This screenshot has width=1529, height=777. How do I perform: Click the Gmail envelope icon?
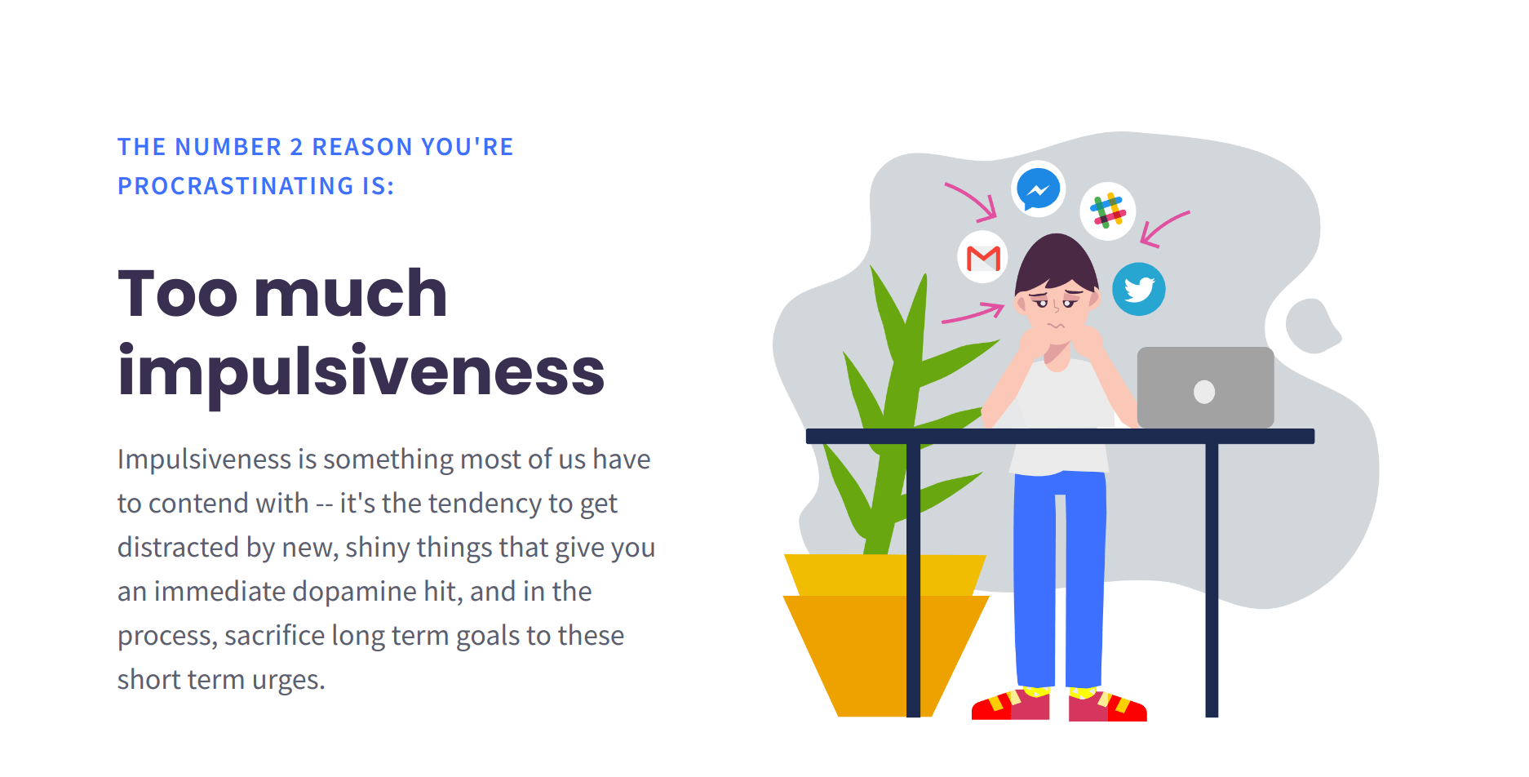tap(982, 257)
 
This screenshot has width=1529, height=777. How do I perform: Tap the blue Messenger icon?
tap(1038, 189)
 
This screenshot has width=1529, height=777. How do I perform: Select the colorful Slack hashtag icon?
tap(1107, 211)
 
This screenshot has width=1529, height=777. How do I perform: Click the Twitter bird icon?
tap(1139, 289)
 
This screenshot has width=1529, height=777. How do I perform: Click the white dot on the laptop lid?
tap(1204, 392)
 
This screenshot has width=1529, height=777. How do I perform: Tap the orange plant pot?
tap(885, 636)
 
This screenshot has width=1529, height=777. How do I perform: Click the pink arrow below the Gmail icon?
tap(973, 313)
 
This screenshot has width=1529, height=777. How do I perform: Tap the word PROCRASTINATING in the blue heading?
tap(236, 186)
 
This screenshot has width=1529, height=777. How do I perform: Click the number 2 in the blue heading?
tap(297, 147)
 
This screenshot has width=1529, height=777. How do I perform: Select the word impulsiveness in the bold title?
tap(361, 371)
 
